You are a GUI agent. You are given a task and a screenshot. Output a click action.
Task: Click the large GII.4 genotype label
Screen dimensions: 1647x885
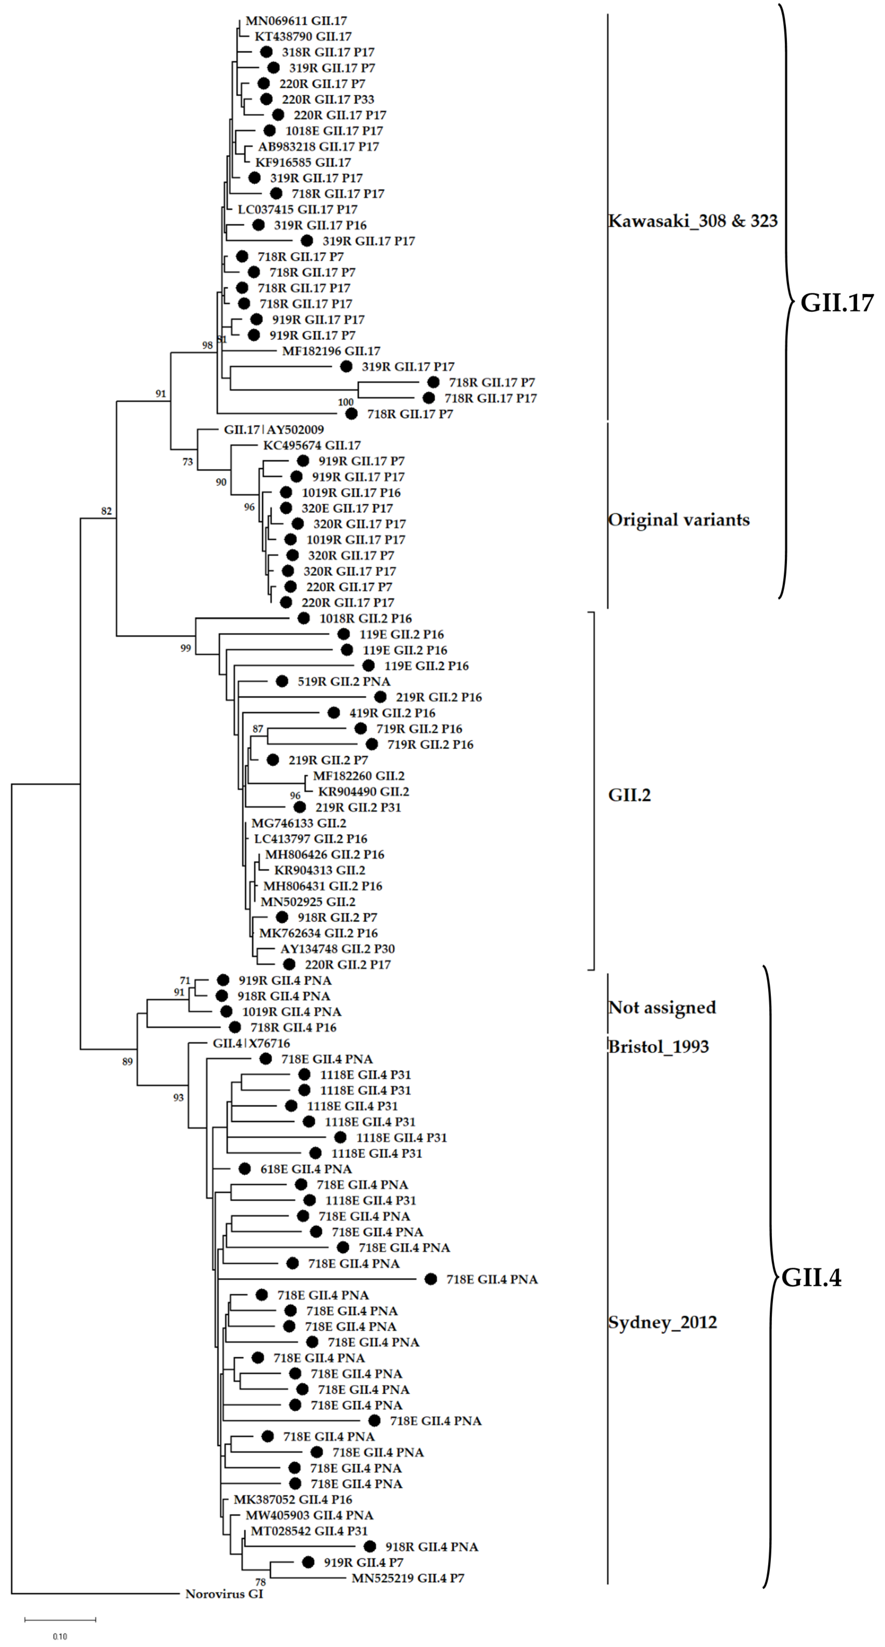pyautogui.click(x=811, y=1277)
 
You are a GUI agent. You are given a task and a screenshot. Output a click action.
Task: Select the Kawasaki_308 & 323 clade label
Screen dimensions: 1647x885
pyautogui.click(x=693, y=221)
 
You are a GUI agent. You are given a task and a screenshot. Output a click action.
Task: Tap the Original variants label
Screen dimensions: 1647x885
pyautogui.click(x=678, y=520)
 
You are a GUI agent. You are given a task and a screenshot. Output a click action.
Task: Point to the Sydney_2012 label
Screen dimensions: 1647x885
pyautogui.click(x=662, y=1322)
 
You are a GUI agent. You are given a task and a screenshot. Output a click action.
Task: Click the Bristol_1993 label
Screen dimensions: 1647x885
pyautogui.click(x=658, y=1047)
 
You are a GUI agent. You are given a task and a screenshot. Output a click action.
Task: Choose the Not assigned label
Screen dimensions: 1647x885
pyautogui.click(x=662, y=1008)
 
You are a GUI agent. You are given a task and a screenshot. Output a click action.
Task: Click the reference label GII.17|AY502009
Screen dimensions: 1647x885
pyautogui.click(x=274, y=430)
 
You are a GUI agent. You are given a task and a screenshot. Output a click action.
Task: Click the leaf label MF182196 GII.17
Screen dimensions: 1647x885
pyautogui.click(x=331, y=351)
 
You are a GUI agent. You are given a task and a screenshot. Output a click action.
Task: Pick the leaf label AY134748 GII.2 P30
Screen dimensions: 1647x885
pyautogui.click(x=337, y=949)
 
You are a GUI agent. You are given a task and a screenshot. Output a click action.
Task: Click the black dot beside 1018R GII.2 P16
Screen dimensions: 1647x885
pyautogui.click(x=304, y=618)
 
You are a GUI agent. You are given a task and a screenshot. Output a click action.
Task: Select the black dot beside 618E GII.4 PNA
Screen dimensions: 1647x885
pyautogui.click(x=244, y=1169)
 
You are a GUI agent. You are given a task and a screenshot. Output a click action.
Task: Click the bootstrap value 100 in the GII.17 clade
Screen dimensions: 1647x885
pyautogui.click(x=345, y=402)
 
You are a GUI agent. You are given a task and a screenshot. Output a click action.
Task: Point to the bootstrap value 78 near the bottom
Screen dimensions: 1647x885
pyautogui.click(x=260, y=1582)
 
